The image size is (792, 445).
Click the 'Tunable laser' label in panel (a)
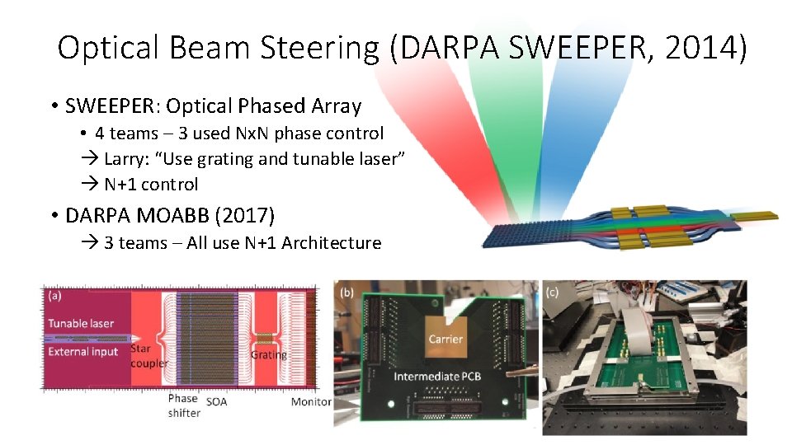coord(81,323)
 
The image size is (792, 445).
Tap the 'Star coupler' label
coord(149,356)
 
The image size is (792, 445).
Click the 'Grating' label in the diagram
coord(269,355)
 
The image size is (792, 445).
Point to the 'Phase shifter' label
coord(183,405)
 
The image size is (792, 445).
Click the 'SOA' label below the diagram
coord(217,402)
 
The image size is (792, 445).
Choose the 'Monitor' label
coord(311,402)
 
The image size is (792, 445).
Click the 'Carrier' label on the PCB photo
coord(445,339)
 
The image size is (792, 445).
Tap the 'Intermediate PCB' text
coord(437,377)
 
